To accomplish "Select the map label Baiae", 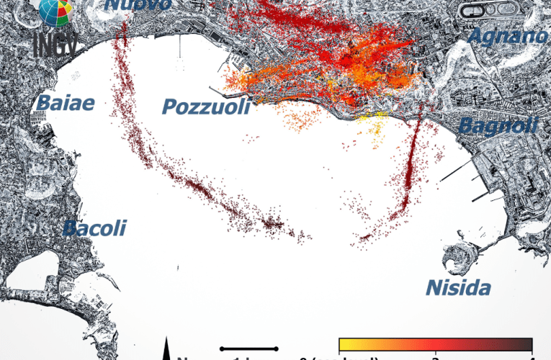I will tap(66, 103).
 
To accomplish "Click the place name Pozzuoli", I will tap(206, 107).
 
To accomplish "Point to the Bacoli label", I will tap(94, 229).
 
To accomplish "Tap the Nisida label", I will tap(458, 288).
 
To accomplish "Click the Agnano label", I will tap(507, 36).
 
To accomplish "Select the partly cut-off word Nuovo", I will tap(139, 4).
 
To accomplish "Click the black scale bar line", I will tap(249, 348).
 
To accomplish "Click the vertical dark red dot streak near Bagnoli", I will tap(410, 173).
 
